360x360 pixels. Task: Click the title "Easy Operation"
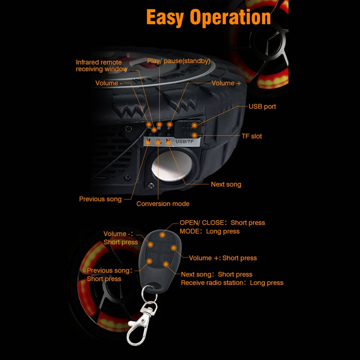(x=208, y=17)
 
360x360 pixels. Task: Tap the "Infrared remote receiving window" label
(x=101, y=66)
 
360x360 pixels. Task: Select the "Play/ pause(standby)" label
(x=178, y=60)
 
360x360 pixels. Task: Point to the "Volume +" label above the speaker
(x=229, y=83)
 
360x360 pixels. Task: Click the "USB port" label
(x=262, y=107)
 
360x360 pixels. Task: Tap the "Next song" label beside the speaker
(x=226, y=184)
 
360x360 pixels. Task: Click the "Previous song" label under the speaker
(x=100, y=199)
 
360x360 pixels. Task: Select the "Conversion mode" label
(x=163, y=204)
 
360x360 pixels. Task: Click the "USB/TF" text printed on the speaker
(x=184, y=142)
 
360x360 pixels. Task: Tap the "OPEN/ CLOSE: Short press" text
(x=222, y=223)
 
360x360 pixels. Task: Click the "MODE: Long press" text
(x=210, y=231)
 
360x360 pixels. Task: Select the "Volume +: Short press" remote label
(x=223, y=258)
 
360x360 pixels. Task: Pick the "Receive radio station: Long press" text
(x=232, y=283)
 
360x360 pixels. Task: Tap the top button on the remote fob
(x=162, y=234)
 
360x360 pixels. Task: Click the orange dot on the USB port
(x=194, y=125)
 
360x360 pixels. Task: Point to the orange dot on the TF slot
(x=194, y=135)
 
